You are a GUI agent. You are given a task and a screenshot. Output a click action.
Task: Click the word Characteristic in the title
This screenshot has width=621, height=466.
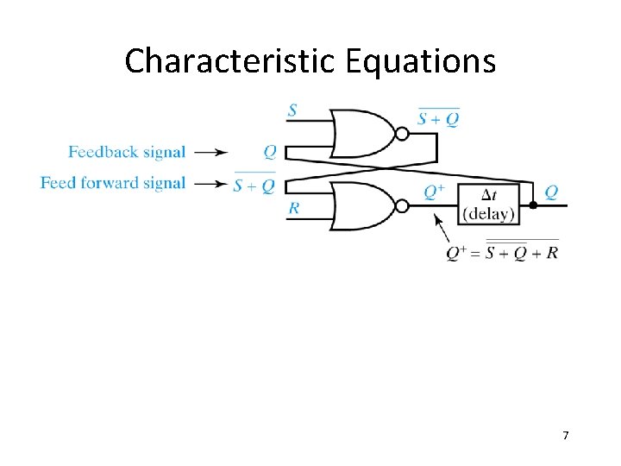[230, 61]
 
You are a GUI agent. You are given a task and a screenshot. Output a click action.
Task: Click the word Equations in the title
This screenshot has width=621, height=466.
[421, 61]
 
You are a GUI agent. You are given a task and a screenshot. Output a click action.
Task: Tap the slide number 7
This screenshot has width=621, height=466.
[566, 435]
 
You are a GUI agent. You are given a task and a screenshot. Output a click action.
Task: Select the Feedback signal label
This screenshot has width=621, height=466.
[127, 153]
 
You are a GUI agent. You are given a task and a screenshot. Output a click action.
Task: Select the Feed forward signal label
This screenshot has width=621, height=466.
[113, 183]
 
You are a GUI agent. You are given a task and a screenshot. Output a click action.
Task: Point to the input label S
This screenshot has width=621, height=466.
[292, 110]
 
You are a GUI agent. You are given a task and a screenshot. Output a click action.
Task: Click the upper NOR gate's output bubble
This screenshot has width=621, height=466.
[401, 134]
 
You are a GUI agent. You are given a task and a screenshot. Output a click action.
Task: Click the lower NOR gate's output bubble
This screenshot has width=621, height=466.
[401, 206]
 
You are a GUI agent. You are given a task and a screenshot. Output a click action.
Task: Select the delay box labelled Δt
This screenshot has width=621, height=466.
[488, 206]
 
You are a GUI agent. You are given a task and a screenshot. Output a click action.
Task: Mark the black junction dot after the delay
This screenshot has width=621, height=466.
[533, 206]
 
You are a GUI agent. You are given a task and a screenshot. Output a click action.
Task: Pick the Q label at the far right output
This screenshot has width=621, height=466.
[551, 192]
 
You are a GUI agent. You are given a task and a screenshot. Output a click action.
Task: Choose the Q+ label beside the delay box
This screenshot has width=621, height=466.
[435, 192]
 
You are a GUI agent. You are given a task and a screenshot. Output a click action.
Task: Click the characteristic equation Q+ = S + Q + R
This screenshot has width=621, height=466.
[503, 252]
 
